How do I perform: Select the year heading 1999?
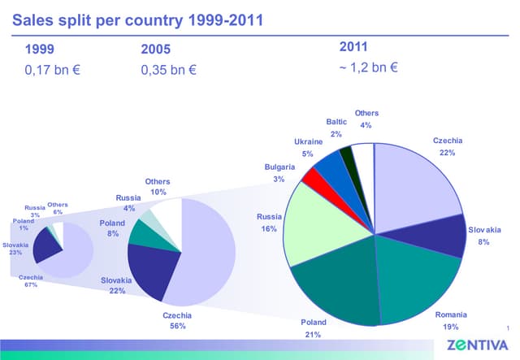point(41,50)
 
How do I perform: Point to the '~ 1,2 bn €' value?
point(367,67)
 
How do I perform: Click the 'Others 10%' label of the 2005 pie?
point(158,187)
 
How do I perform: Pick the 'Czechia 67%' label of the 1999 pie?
point(31,281)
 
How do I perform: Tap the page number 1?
point(506,327)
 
